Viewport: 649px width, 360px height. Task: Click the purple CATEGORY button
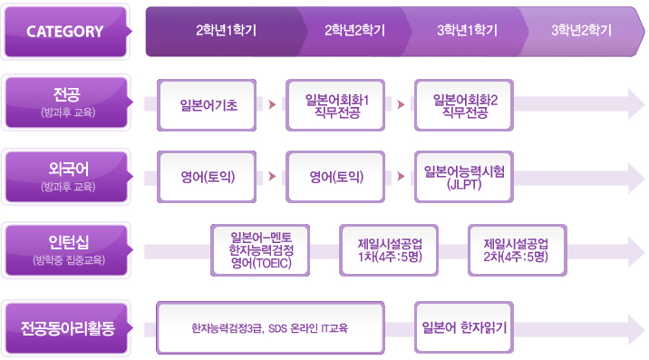coord(65,32)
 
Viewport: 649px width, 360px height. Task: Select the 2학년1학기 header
coord(226,31)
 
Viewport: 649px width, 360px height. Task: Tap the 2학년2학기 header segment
coord(354,31)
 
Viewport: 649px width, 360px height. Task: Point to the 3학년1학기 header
coord(467,31)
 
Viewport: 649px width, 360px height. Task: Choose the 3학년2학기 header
coord(580,31)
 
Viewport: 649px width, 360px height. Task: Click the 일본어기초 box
coord(208,105)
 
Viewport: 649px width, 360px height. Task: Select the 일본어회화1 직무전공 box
coord(337,105)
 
